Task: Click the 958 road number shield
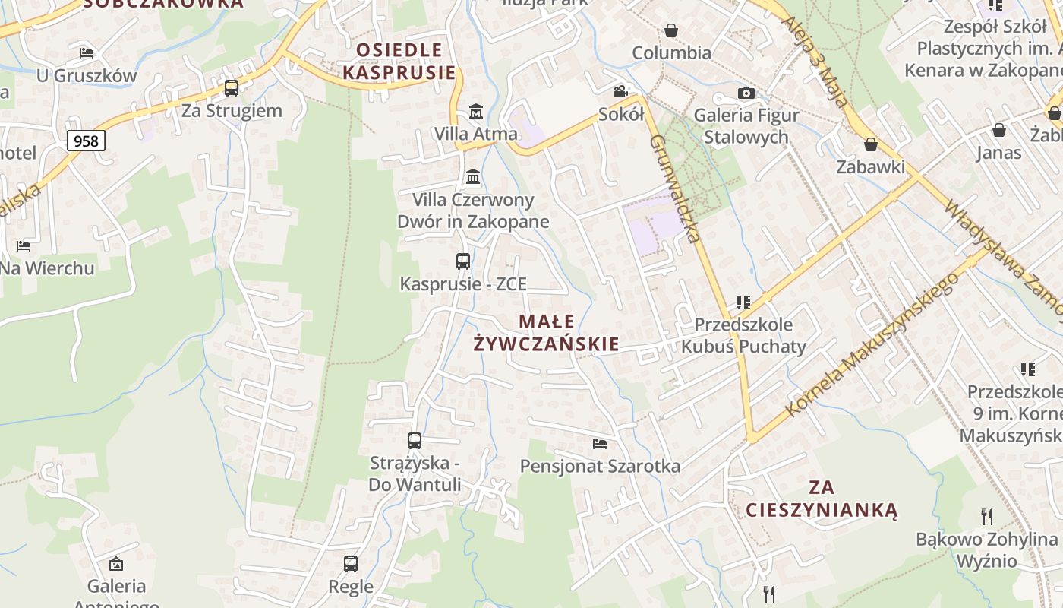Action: click(86, 141)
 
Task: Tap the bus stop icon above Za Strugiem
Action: click(232, 88)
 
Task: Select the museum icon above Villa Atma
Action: click(476, 111)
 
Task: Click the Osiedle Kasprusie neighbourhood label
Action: click(399, 62)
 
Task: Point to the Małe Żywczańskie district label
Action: click(546, 333)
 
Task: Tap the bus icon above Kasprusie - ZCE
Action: click(463, 261)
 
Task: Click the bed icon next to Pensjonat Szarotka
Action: click(600, 443)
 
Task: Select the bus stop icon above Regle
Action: click(351, 564)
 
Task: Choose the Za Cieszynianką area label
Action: click(822, 498)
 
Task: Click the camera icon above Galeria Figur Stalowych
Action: click(746, 93)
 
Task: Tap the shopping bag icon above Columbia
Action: click(671, 30)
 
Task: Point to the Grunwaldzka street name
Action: click(674, 188)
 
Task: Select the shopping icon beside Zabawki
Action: click(871, 144)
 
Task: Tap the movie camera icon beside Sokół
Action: click(621, 92)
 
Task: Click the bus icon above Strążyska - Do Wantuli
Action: click(415, 440)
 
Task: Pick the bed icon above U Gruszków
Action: click(87, 53)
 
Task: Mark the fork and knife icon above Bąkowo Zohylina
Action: click(986, 517)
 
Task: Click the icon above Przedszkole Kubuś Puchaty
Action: click(743, 302)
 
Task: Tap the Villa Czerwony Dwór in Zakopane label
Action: click(473, 211)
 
